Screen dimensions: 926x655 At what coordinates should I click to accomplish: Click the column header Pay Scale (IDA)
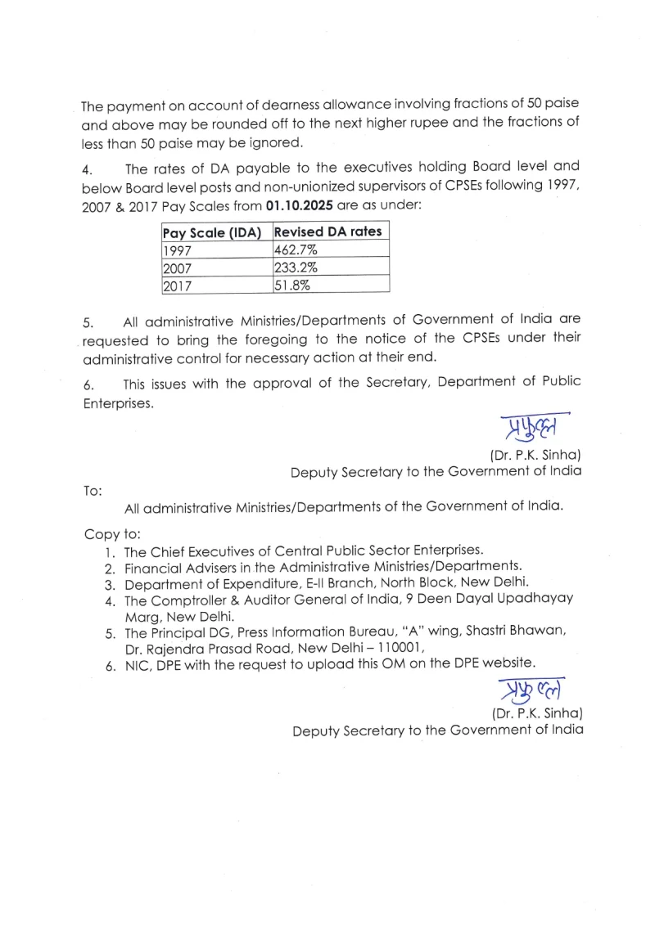click(211, 231)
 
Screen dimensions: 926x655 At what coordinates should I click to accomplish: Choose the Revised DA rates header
click(327, 231)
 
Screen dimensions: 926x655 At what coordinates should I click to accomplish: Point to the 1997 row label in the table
click(177, 249)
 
